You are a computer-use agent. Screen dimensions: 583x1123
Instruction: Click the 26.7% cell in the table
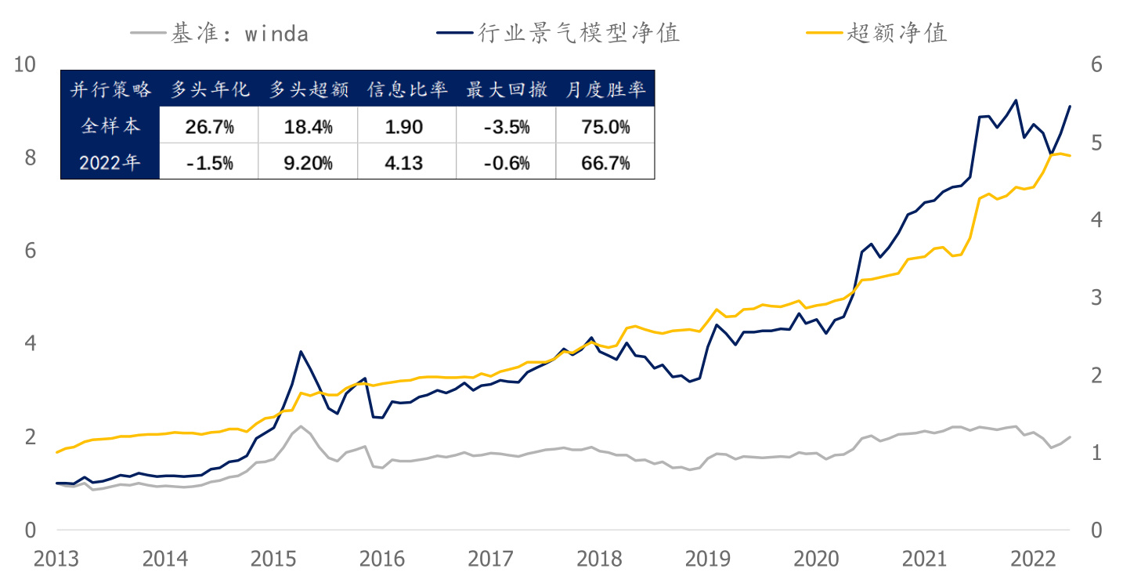pos(209,127)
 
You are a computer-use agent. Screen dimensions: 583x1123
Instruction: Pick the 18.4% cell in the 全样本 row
pos(308,127)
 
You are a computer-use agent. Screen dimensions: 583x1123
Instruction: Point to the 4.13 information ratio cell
pos(406,163)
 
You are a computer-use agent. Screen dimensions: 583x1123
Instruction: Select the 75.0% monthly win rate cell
pos(605,127)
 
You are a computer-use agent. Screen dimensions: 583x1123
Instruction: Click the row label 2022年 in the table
pos(110,163)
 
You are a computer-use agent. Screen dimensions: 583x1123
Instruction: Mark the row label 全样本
pos(110,127)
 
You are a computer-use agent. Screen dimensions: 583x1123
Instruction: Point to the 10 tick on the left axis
pos(25,65)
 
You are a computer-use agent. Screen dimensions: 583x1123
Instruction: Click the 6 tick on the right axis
pos(1096,65)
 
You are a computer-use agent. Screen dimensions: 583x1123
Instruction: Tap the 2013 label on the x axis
pos(56,559)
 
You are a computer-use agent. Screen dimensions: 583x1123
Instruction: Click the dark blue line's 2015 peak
pos(301,352)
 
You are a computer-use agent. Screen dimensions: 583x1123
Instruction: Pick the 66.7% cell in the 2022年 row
pos(605,163)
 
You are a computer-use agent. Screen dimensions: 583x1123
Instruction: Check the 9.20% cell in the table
pos(308,163)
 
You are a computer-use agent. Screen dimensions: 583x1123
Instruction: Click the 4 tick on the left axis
pos(30,344)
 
